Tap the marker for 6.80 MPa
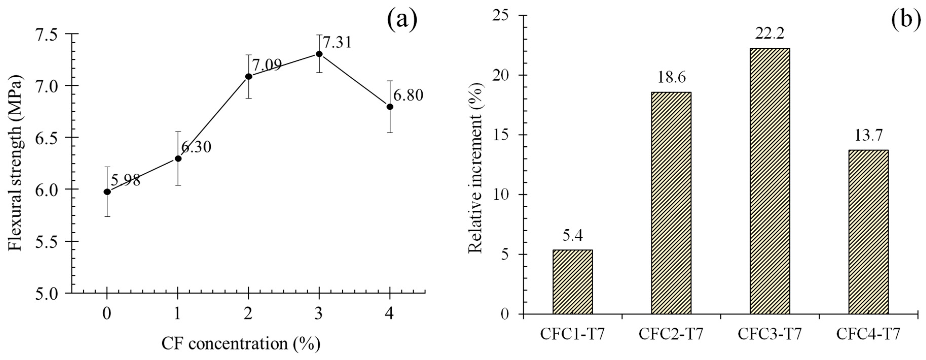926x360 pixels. pos(390,107)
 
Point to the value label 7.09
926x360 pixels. pos(266,65)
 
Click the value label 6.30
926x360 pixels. pos(196,147)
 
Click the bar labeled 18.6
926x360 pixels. pos(671,203)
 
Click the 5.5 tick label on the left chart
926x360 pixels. pos(52,241)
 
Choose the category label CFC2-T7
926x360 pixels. pos(671,334)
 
